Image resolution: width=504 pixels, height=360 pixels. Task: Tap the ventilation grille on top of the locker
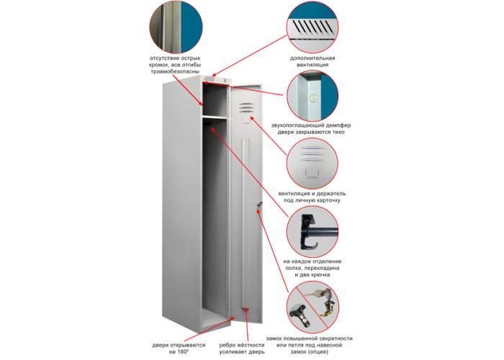[210, 78]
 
